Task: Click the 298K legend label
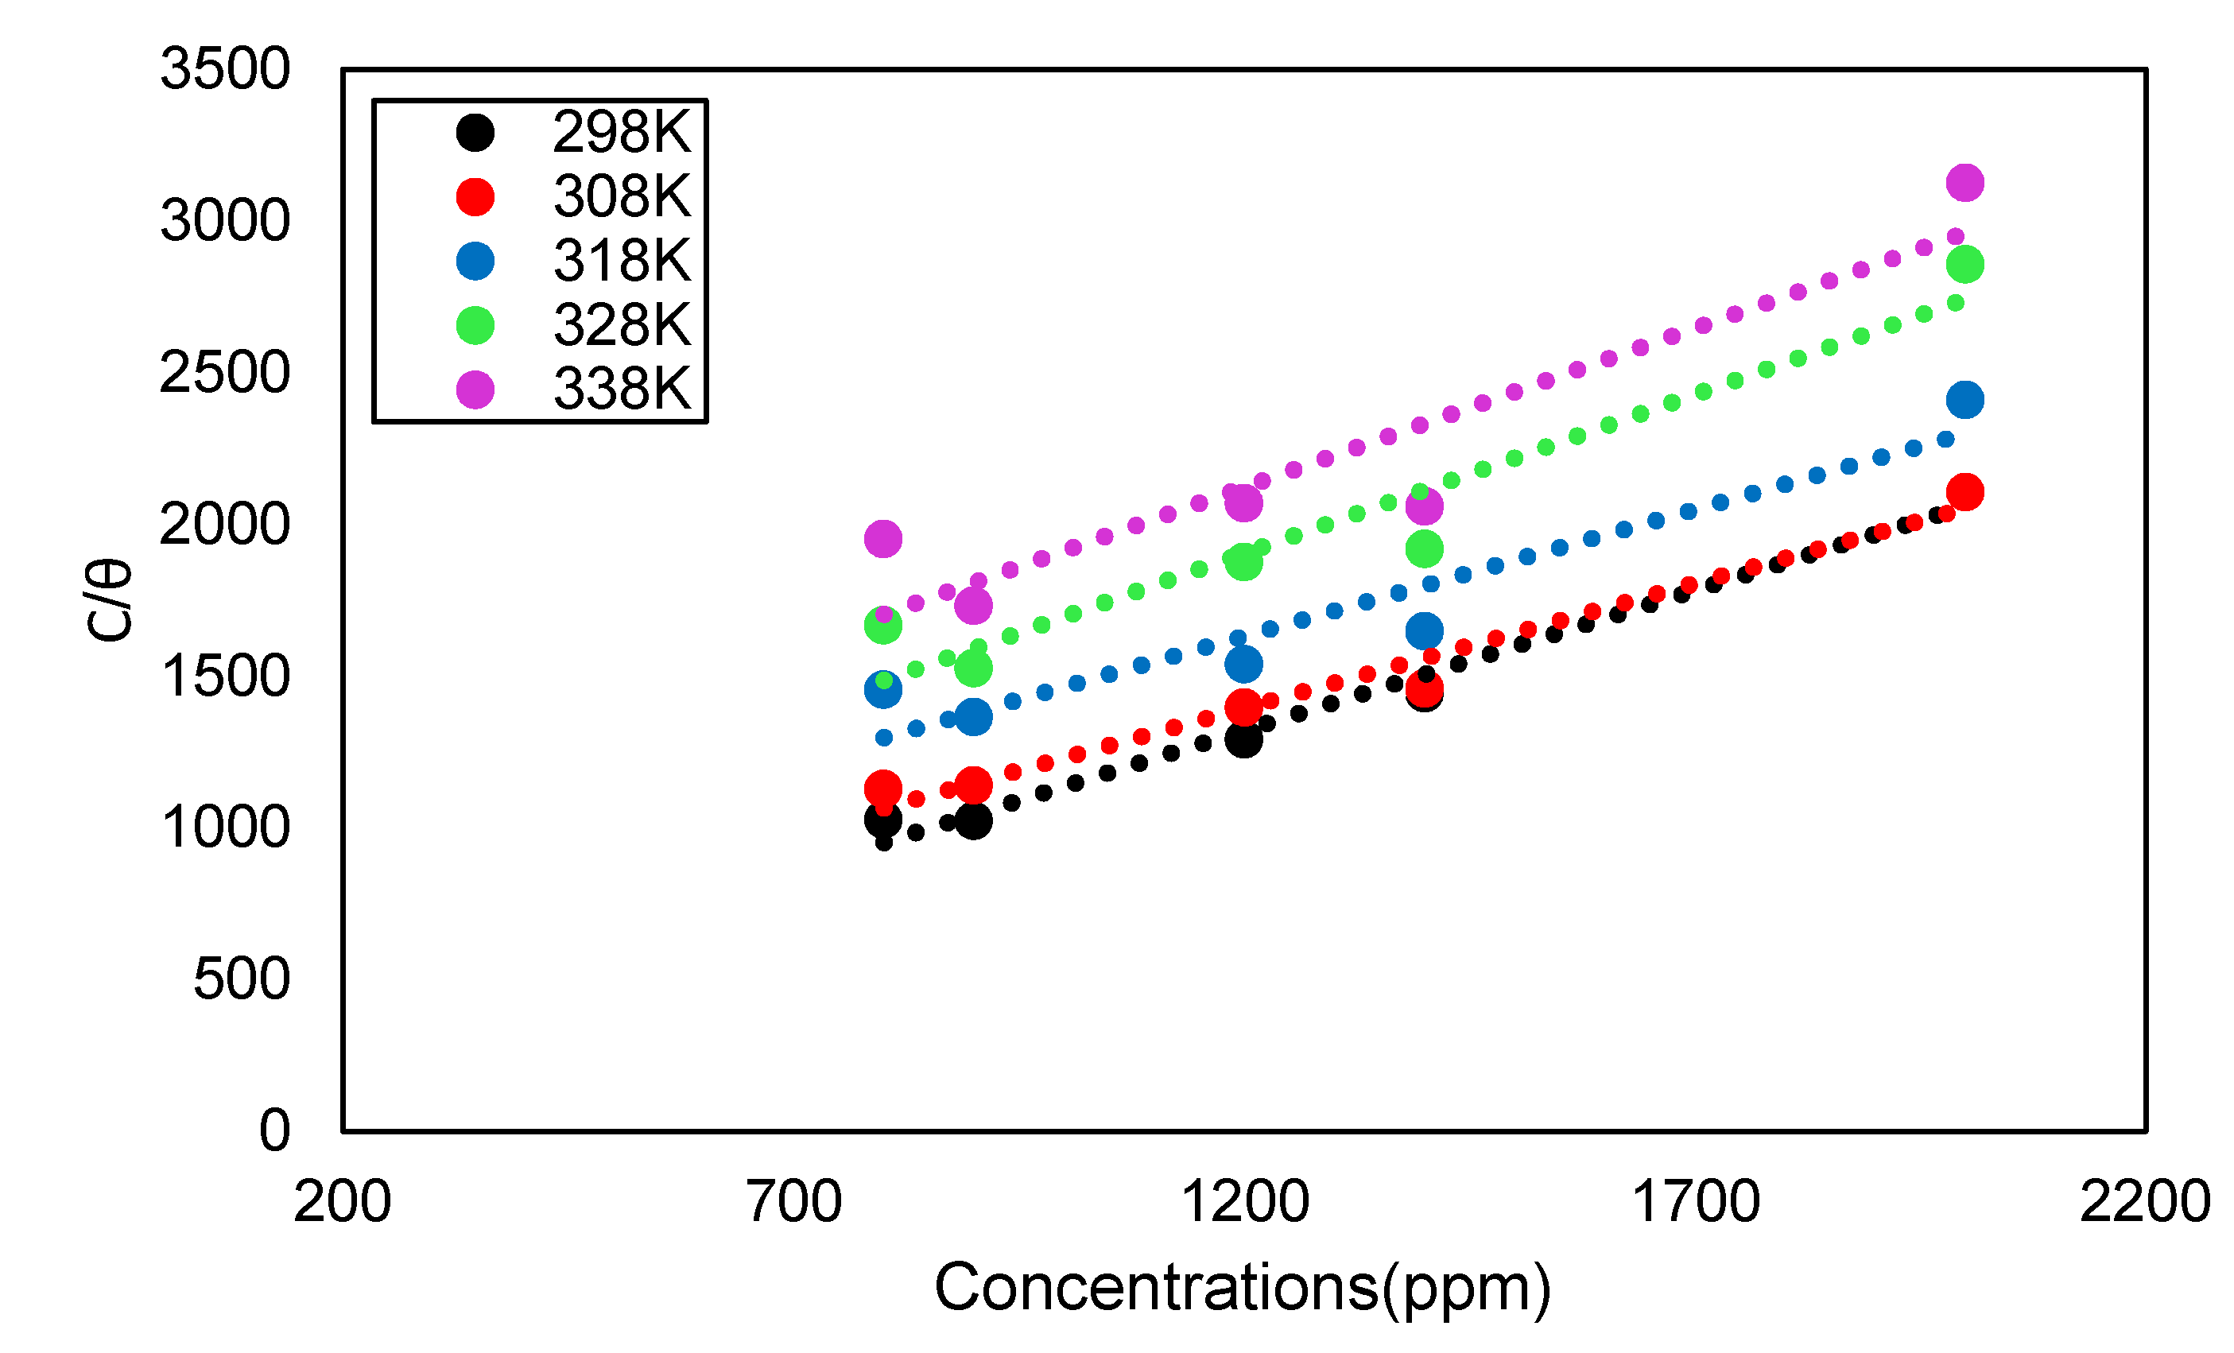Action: click(622, 133)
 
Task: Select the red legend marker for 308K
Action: click(475, 197)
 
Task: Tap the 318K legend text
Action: click(622, 262)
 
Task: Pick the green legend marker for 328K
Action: click(475, 326)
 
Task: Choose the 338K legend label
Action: click(622, 390)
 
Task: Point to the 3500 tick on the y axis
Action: click(225, 69)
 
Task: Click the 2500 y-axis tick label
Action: click(225, 373)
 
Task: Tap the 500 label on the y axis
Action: click(241, 979)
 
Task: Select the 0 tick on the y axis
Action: click(275, 1131)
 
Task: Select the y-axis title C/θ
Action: click(109, 601)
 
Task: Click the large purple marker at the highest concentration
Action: click(1964, 182)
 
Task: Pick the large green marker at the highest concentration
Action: click(1964, 265)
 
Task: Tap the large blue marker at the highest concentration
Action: click(1964, 400)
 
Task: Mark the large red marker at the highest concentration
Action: click(1964, 492)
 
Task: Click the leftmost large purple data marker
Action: click(883, 539)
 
